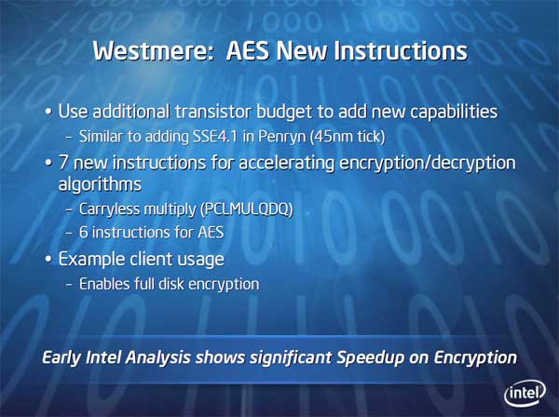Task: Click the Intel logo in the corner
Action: coord(525,394)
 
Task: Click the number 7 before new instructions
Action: coord(63,163)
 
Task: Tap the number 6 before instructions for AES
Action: coord(84,233)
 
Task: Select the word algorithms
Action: coord(101,184)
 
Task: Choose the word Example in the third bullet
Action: coord(92,260)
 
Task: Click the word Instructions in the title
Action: coord(401,50)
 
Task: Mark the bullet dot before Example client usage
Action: coord(48,260)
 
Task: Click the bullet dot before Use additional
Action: coord(48,112)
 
